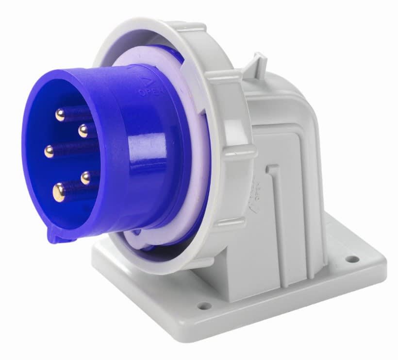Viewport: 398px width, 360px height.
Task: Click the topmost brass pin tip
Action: [x=60, y=115]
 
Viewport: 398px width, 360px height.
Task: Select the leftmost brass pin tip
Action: [x=49, y=152]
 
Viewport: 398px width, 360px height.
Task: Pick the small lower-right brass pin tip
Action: [x=86, y=177]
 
